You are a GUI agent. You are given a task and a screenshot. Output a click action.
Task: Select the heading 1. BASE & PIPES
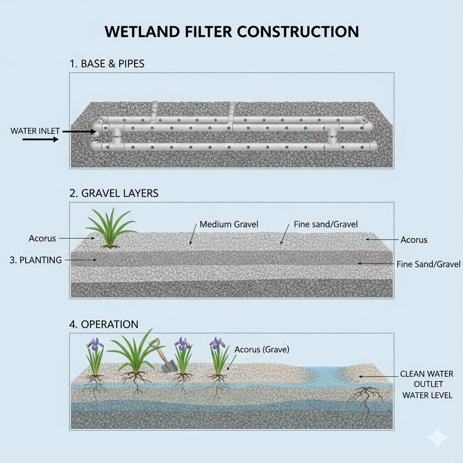coord(107,64)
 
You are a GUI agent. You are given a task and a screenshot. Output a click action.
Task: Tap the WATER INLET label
coord(35,131)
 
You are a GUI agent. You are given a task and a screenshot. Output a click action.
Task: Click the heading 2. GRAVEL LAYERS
coord(114,194)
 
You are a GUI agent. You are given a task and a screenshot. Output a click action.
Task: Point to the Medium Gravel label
coord(222,224)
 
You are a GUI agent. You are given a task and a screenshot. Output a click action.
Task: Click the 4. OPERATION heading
coord(104,324)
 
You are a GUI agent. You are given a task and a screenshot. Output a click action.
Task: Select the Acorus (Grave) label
coord(262,350)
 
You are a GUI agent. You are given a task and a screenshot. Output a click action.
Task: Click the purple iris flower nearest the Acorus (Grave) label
coord(217,343)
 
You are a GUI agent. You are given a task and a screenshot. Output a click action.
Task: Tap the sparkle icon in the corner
coord(437,437)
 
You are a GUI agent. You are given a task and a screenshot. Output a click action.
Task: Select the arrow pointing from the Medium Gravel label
coord(193,235)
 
